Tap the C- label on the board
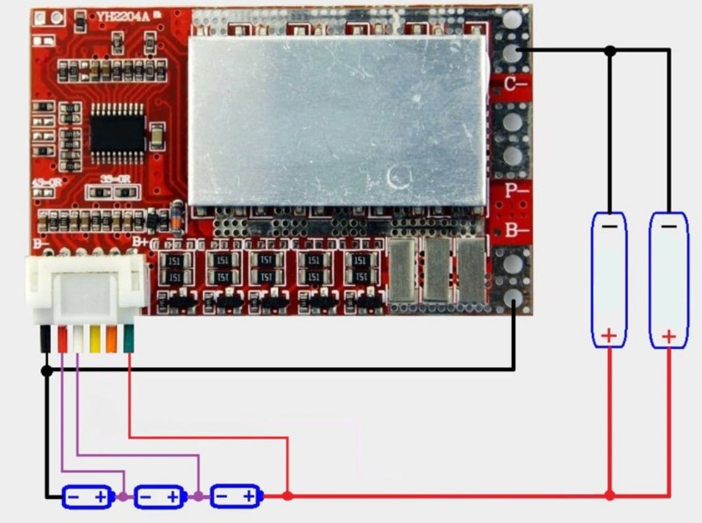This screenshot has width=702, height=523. click(514, 84)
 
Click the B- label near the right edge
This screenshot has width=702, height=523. click(514, 230)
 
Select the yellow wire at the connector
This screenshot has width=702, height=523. click(95, 338)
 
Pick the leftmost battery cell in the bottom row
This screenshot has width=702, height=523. click(87, 496)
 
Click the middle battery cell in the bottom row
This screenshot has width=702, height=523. click(160, 496)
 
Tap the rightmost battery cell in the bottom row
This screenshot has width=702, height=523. click(235, 496)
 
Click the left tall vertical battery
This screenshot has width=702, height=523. click(608, 280)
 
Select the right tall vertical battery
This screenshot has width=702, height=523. click(668, 280)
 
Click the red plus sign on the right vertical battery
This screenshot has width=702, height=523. click(668, 335)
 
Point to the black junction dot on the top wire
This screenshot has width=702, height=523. click(609, 51)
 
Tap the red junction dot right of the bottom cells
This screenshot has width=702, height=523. click(287, 495)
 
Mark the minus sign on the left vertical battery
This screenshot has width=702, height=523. click(608, 227)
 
